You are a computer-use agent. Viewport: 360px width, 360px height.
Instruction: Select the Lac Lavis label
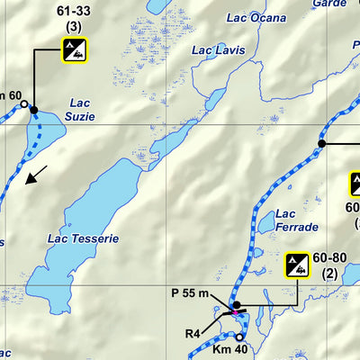218,50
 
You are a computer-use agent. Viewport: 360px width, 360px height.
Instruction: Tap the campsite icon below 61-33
75,50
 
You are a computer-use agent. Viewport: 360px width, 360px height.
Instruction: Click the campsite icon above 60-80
299,265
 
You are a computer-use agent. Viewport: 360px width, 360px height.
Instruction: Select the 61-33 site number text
75,13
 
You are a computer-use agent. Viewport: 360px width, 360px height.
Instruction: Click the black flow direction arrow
36,175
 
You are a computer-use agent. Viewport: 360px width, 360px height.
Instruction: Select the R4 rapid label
193,334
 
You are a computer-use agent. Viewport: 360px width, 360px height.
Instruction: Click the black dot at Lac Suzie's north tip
34,110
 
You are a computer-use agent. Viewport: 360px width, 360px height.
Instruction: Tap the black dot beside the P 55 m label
236,306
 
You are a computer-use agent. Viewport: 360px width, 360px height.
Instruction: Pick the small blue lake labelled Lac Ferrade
268,220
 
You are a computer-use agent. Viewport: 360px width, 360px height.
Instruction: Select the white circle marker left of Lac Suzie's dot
24,104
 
